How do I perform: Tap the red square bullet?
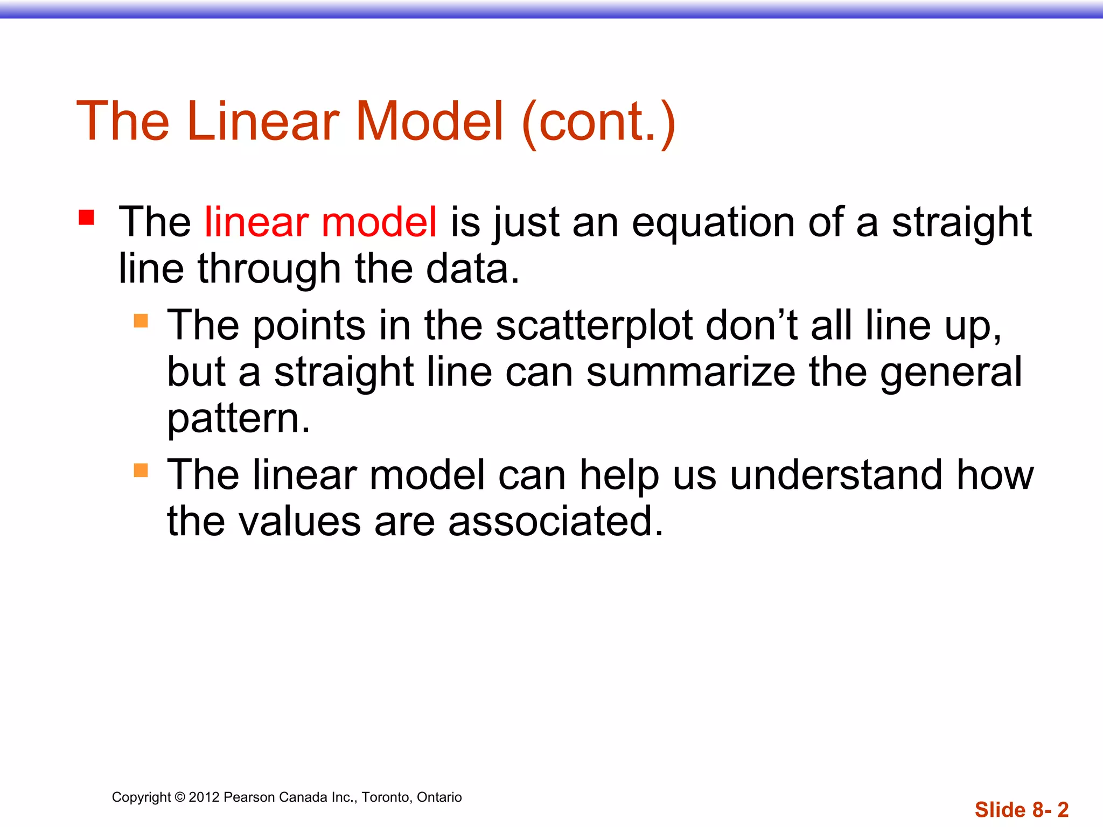86,218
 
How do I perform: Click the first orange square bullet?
141,321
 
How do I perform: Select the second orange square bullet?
141,471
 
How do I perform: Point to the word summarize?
690,372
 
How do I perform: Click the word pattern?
238,419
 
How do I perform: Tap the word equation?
713,222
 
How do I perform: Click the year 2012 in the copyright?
204,797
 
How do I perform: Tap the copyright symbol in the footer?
180,797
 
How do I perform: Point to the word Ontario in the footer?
439,797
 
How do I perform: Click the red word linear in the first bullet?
256,222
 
